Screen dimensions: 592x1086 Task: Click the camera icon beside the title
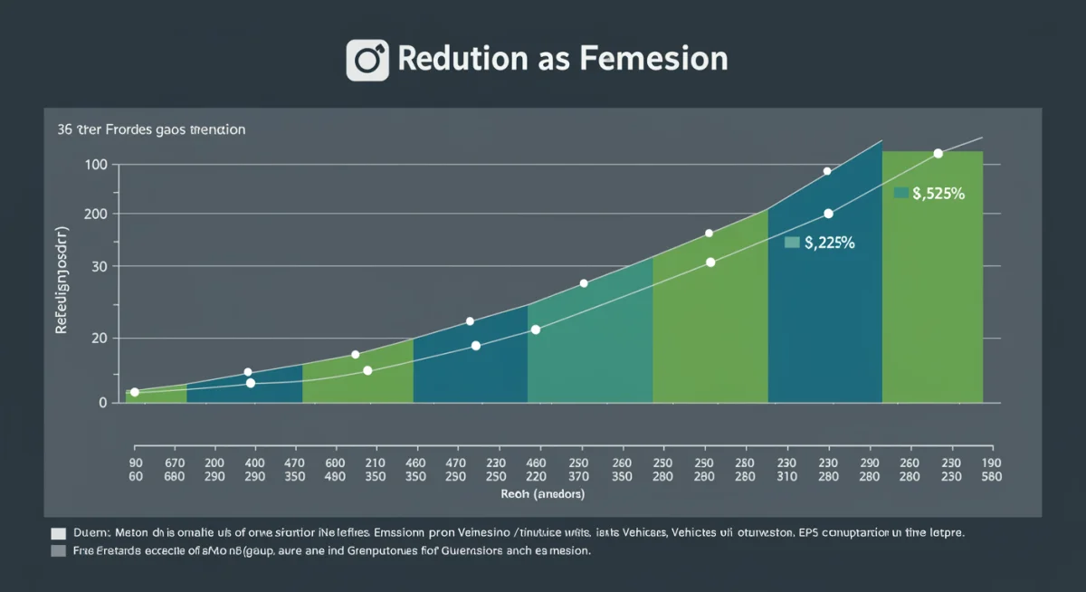coord(367,61)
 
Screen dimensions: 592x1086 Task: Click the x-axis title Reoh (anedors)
coord(542,494)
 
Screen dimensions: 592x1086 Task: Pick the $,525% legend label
coord(938,193)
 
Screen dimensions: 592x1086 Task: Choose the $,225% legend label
coord(829,242)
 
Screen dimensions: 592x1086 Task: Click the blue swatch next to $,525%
coord(900,193)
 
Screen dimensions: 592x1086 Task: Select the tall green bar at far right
coord(932,290)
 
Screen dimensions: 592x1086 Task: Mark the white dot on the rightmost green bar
coord(938,154)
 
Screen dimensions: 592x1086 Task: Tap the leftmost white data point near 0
coord(135,392)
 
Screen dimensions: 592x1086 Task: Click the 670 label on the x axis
coord(174,461)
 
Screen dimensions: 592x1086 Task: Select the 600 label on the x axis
coord(336,461)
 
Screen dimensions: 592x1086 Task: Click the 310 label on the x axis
coord(786,476)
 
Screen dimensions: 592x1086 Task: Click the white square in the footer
coord(59,534)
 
